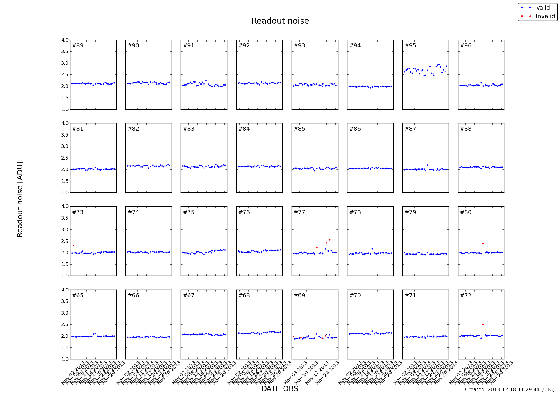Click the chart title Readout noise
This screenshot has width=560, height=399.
pyautogui.click(x=280, y=21)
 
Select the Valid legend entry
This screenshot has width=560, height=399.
pyautogui.click(x=543, y=8)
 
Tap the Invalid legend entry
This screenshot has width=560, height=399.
pyautogui.click(x=545, y=16)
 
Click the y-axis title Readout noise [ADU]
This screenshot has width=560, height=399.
pyautogui.click(x=20, y=199)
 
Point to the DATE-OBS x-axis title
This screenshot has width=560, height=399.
pyautogui.click(x=279, y=389)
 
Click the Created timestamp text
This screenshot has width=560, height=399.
pyautogui.click(x=510, y=390)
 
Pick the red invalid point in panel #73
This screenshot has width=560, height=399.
pyautogui.click(x=74, y=245)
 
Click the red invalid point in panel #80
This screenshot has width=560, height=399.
pyautogui.click(x=483, y=243)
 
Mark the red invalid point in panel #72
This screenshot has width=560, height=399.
pyautogui.click(x=483, y=324)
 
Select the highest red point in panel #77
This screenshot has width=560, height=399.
pyautogui.click(x=329, y=240)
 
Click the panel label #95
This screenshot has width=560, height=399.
pyautogui.click(x=410, y=46)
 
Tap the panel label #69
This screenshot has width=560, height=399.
pyautogui.click(x=299, y=296)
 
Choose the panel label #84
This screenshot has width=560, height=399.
pyautogui.click(x=244, y=129)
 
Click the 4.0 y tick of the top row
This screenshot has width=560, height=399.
pyautogui.click(x=65, y=40)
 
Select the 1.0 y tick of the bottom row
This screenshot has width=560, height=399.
pyautogui.click(x=65, y=359)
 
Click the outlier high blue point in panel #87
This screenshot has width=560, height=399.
pyautogui.click(x=428, y=165)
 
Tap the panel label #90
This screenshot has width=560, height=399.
pyautogui.click(x=133, y=46)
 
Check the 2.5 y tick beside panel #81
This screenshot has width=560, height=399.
pyautogui.click(x=65, y=158)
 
